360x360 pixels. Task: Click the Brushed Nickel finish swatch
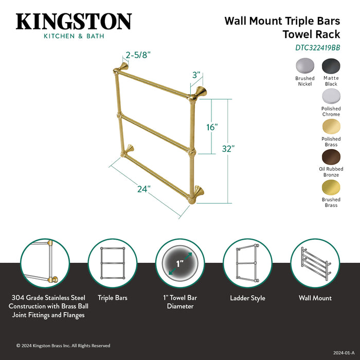tap(304, 66)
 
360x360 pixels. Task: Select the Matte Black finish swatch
tap(331, 66)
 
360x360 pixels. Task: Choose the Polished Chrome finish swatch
tap(331, 96)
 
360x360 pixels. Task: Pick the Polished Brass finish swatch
tap(331, 126)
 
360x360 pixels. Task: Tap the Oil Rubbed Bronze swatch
tap(331, 156)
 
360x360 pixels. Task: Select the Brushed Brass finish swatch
tap(331, 187)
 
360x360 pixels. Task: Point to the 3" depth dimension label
tap(195, 75)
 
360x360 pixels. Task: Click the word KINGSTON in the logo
tap(74, 22)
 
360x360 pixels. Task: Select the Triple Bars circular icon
tap(112, 263)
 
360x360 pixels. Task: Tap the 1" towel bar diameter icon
tap(180, 263)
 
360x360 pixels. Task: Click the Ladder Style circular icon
tap(247, 263)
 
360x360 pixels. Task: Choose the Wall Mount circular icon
tap(315, 263)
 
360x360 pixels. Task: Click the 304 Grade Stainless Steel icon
tap(45, 263)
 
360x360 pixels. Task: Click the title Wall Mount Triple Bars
tap(282, 21)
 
